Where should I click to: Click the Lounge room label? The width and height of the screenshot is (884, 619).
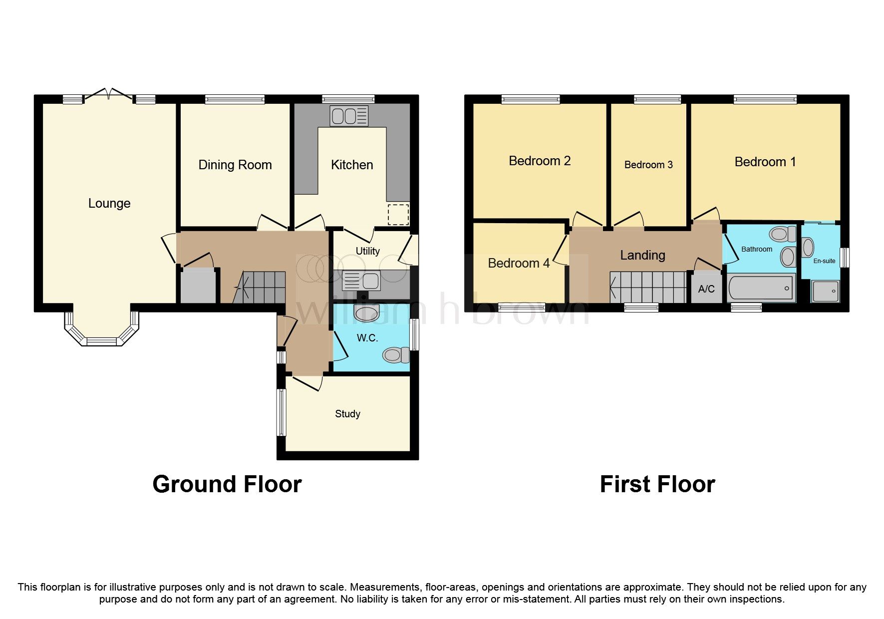point(109,203)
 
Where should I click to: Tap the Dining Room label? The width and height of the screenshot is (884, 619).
point(235,165)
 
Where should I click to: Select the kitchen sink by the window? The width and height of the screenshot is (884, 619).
point(348,116)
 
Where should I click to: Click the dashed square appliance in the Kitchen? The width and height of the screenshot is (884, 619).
point(398,214)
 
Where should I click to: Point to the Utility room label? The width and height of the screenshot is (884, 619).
point(367,251)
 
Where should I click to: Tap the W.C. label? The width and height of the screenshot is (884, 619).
point(367,338)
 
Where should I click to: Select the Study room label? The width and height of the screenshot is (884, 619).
point(347,414)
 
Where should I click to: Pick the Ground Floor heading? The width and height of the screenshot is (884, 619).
point(227,484)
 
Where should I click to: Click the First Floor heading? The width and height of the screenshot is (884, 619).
point(657,484)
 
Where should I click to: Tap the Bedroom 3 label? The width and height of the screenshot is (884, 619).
point(648,165)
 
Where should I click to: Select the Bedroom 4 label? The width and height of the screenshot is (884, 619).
point(519,263)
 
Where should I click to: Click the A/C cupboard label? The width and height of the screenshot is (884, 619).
point(706,289)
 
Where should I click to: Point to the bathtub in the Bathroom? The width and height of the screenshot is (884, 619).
point(761,288)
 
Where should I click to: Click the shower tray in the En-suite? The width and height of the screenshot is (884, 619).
point(825,291)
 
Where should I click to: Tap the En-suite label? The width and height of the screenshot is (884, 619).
point(824,261)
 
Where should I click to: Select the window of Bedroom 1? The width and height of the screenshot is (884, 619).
point(765,99)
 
